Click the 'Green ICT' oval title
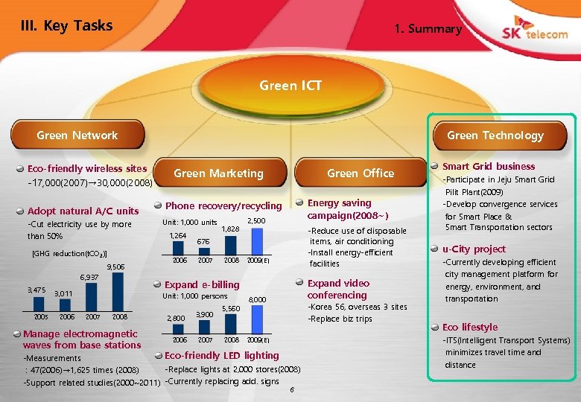click(x=290, y=86)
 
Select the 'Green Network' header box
click(x=77, y=135)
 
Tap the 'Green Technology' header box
click(x=495, y=135)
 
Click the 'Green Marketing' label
click(x=218, y=173)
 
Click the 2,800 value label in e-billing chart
click(x=175, y=319)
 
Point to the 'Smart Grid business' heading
click(x=489, y=166)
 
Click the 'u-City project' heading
click(x=474, y=249)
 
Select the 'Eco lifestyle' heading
click(x=469, y=327)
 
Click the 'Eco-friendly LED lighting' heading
click(x=221, y=355)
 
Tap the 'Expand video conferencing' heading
click(x=338, y=289)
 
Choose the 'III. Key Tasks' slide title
click(x=67, y=26)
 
